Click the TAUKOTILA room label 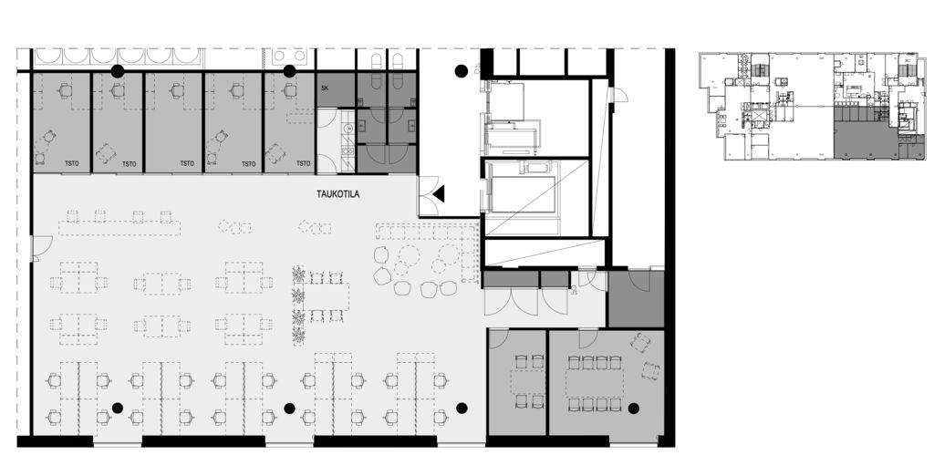coord(337,193)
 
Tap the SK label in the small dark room coord(325,88)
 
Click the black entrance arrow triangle coord(439,193)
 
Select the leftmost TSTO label coord(71,163)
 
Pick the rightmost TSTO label coord(303,163)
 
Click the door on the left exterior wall coord(41,248)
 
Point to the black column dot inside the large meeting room coord(633,409)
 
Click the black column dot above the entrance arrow coord(461,71)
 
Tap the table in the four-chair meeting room coord(528,381)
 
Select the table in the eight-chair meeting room coord(595,384)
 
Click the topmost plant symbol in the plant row coord(298,274)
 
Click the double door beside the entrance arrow coord(430,196)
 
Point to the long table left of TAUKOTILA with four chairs coord(119,228)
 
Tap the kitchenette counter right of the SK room coord(348,140)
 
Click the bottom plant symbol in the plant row coord(298,336)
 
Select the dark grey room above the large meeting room coord(636,299)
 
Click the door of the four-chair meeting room coord(498,338)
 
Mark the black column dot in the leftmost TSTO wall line coord(118,71)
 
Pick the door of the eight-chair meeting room coord(588,338)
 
